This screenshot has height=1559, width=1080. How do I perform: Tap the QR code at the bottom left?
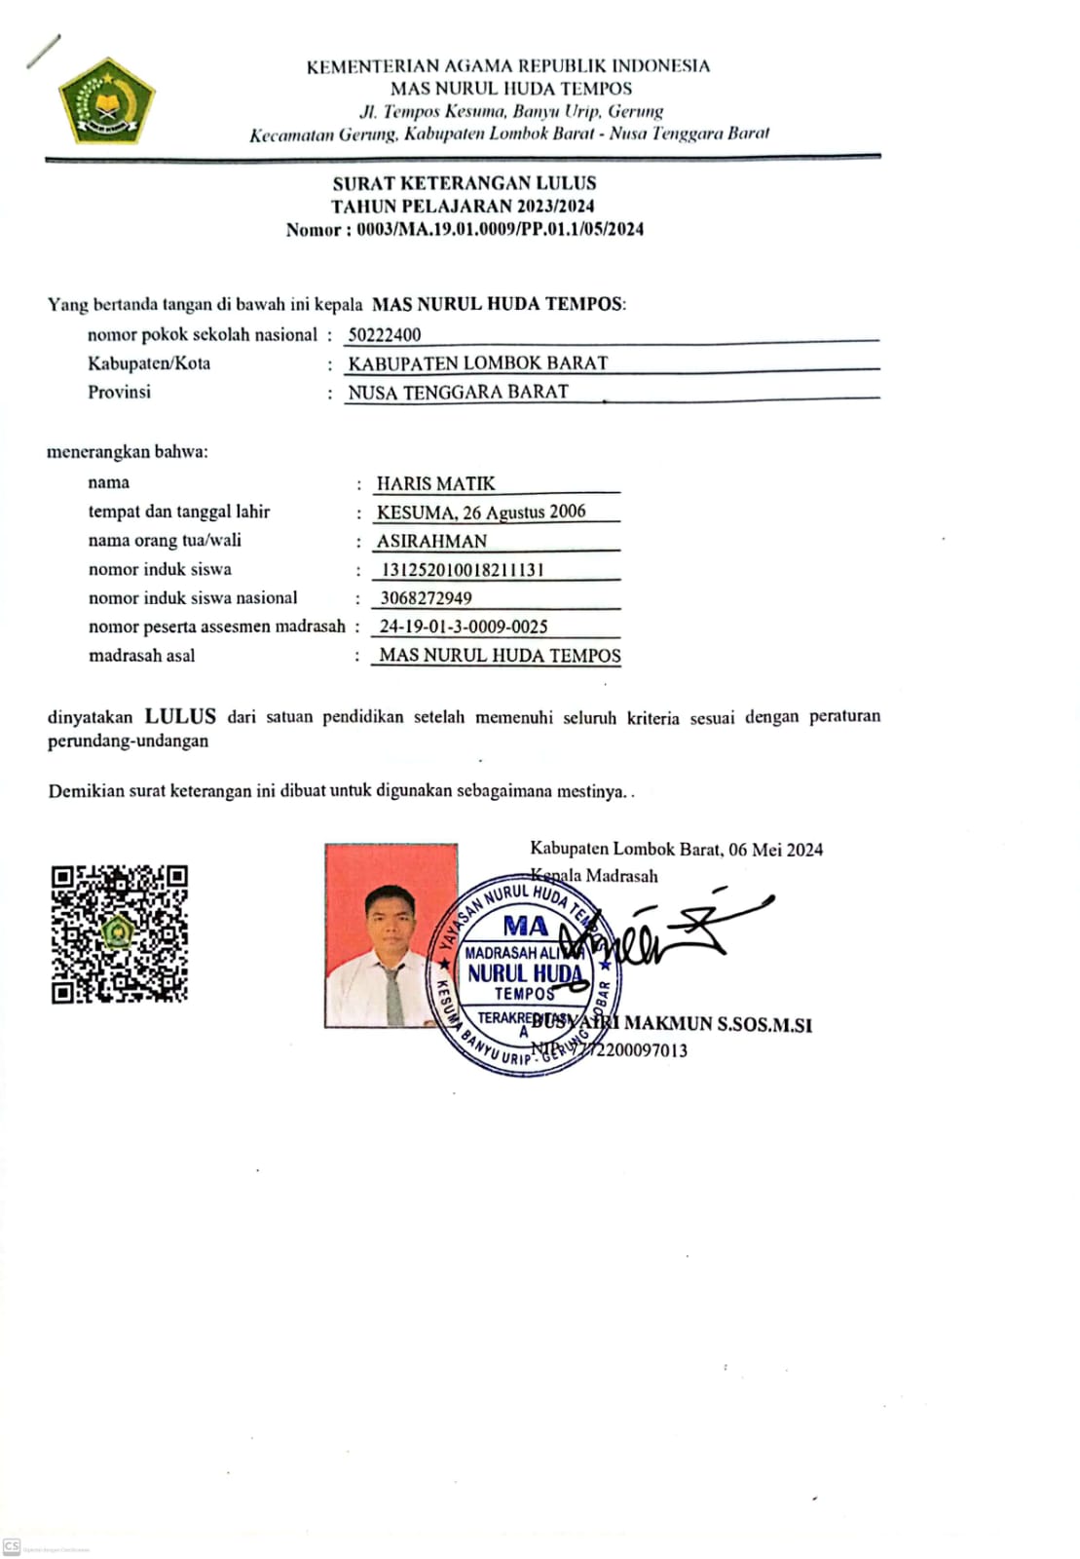119,933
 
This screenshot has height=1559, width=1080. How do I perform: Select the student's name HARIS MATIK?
435,483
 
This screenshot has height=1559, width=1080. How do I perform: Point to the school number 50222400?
385,335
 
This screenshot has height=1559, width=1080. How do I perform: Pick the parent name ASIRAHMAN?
431,541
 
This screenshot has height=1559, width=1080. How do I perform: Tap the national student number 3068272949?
426,598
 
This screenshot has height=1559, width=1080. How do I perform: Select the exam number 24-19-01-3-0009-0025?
464,627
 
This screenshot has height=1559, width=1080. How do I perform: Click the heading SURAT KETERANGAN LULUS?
464,183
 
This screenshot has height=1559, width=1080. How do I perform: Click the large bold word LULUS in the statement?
180,716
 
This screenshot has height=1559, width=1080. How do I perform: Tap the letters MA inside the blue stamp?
525,926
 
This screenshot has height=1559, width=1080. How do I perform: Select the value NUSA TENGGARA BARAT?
458,393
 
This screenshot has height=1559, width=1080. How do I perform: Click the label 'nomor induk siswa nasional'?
193,598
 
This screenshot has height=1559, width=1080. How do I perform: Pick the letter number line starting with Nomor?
464,230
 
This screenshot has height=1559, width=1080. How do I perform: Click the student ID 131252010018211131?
462,570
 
